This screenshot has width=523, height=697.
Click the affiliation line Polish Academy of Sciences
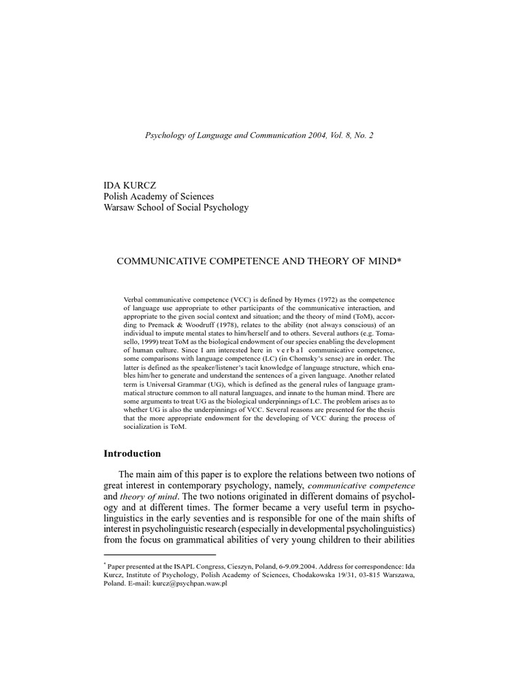click(157, 196)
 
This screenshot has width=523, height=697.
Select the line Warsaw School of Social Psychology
click(175, 208)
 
